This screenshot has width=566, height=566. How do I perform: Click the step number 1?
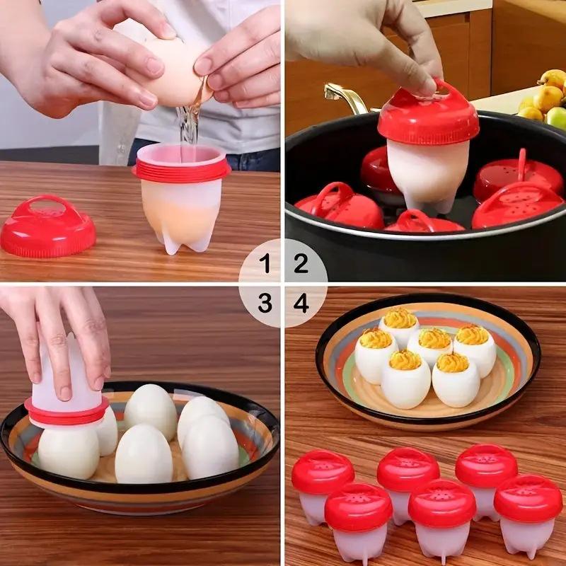pyautogui.click(x=265, y=265)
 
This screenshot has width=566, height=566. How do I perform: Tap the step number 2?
pyautogui.click(x=301, y=265)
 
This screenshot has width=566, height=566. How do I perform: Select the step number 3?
pyautogui.click(x=265, y=304)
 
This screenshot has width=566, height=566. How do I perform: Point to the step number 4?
pyautogui.click(x=301, y=304)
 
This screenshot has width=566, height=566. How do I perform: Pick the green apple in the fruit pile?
pyautogui.click(x=558, y=117)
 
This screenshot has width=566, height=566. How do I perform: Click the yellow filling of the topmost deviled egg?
pyautogui.click(x=400, y=319)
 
